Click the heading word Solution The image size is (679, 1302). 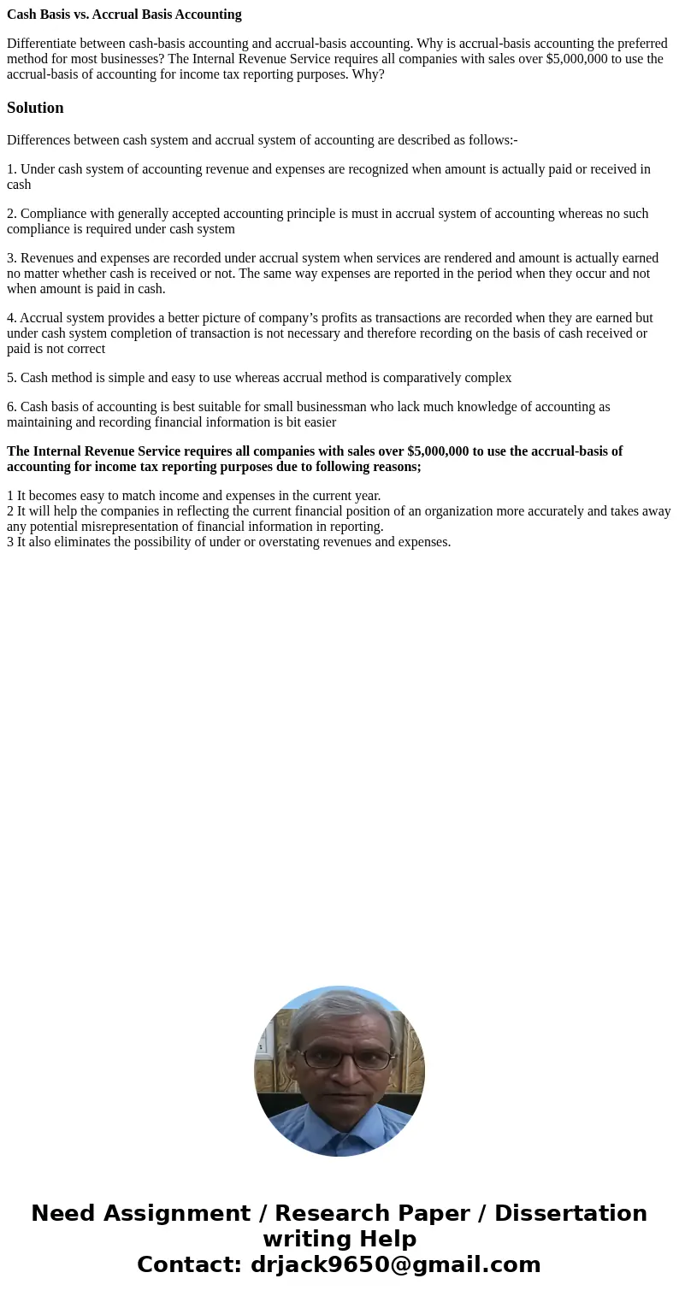click(x=35, y=108)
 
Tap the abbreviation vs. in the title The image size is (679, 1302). click(x=92, y=15)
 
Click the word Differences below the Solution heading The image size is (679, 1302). click(x=38, y=140)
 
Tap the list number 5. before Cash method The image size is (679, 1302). click(x=12, y=378)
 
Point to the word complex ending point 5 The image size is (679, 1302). click(x=488, y=378)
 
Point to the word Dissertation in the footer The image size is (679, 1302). click(x=570, y=1214)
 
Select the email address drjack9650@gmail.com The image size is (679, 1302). click(x=395, y=1265)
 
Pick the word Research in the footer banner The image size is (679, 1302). click(x=334, y=1214)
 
